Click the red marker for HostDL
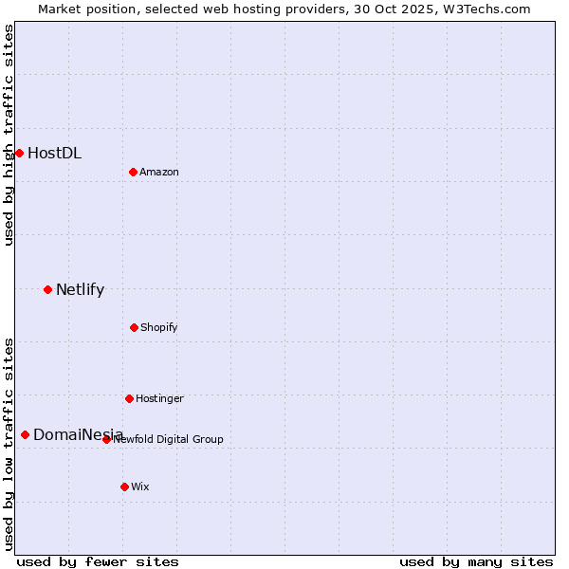pyautogui.click(x=19, y=153)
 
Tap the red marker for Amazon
pyautogui.click(x=133, y=172)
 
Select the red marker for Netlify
pyautogui.click(x=47, y=289)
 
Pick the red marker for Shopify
pyautogui.click(x=134, y=327)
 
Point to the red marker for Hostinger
pyautogui.click(x=129, y=398)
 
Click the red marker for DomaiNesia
pyautogui.click(x=25, y=434)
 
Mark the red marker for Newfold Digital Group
pyautogui.click(x=106, y=439)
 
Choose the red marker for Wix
pyautogui.click(x=124, y=486)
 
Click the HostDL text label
pyautogui.click(x=54, y=153)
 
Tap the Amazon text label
pyautogui.click(x=159, y=172)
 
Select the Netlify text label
pyautogui.click(x=80, y=289)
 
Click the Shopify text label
pyautogui.click(x=159, y=327)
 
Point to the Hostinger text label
pyautogui.click(x=159, y=398)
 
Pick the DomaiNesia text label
pyautogui.click(x=78, y=434)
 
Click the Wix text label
pyautogui.click(x=140, y=486)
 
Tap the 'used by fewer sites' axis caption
pyautogui.click(x=98, y=561)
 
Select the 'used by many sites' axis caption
pyautogui.click(x=476, y=561)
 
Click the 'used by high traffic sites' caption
pyautogui.click(x=9, y=135)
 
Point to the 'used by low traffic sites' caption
pyautogui.click(x=9, y=444)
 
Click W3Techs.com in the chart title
pyautogui.click(x=483, y=9)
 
